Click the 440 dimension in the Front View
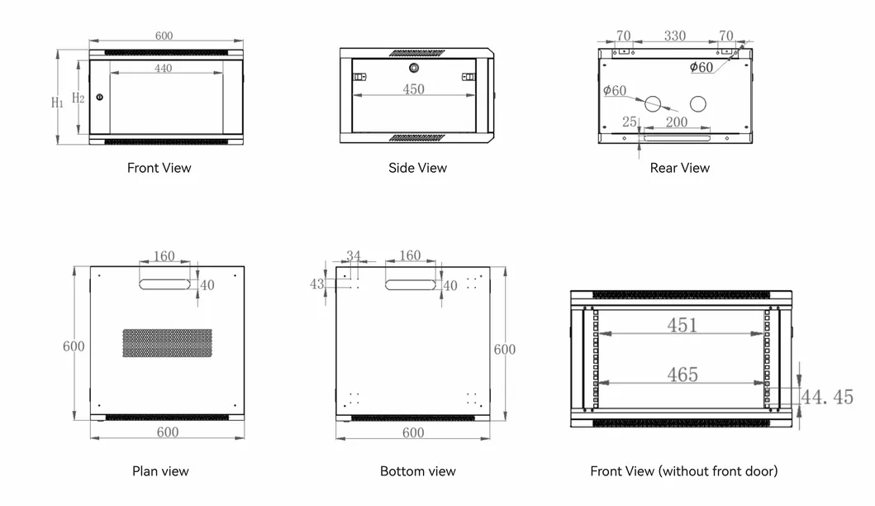pos(163,68)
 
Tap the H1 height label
pos(58,103)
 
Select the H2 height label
pos(78,98)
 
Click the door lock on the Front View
pos(100,98)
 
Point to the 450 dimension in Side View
pos(413,89)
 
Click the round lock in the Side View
pos(413,68)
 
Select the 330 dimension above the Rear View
pos(675,36)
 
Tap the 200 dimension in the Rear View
pos(677,122)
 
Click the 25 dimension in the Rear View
pos(630,122)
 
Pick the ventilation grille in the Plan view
pos(168,343)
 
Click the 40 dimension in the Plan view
pos(207,285)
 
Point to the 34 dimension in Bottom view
pos(354,255)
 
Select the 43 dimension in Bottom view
pos(316,284)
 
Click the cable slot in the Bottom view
pos(410,285)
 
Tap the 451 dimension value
pos(682,325)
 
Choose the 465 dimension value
pos(682,375)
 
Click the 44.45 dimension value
pos(828,397)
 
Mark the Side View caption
pos(417,168)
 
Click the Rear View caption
pos(680,168)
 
